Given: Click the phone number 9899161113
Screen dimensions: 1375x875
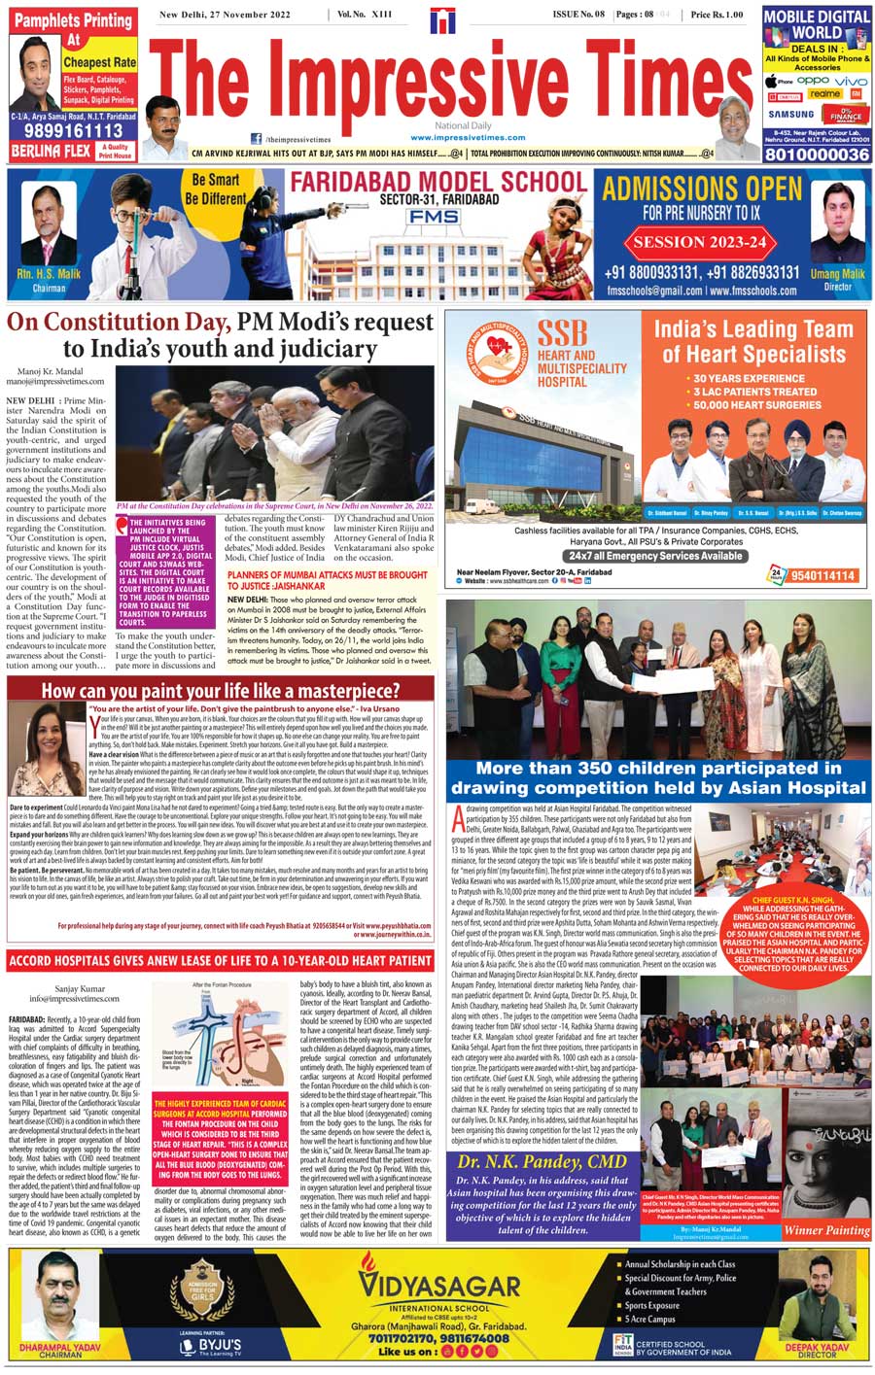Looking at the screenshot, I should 67,131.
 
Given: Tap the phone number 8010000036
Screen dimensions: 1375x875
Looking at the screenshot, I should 816,155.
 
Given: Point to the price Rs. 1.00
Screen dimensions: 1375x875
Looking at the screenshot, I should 717,15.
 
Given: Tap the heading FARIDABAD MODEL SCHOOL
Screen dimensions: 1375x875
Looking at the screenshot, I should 438,182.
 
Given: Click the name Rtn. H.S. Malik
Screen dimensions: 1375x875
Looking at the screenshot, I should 49,275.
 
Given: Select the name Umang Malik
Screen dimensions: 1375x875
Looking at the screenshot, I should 837,274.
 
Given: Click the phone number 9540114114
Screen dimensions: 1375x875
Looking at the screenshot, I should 822,575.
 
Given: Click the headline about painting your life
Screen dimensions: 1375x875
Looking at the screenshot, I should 221,691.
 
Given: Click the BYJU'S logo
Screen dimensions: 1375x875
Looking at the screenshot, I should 210,1346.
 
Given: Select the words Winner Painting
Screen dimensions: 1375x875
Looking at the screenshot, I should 826,1229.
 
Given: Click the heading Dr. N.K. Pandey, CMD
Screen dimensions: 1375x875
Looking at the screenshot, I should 542,1162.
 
